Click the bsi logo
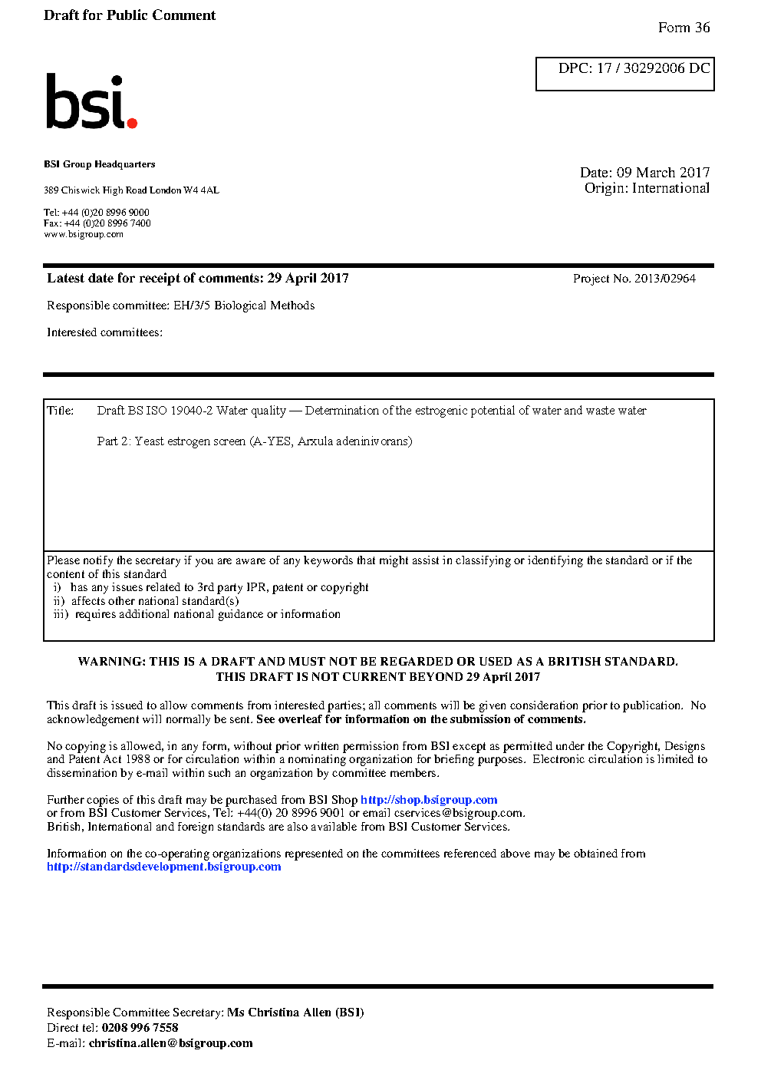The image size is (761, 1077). (x=91, y=101)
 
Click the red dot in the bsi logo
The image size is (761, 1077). (x=132, y=122)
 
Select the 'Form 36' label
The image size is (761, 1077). (x=684, y=28)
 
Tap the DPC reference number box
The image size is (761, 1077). (x=624, y=74)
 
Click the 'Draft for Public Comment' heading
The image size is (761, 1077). (x=130, y=15)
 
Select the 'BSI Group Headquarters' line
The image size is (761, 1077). (x=99, y=164)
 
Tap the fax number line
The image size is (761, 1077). (x=97, y=223)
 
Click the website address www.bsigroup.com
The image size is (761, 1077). (x=84, y=234)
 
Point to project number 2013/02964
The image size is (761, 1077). (x=664, y=279)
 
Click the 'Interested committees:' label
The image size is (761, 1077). (x=104, y=332)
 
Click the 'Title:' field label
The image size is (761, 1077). (x=61, y=411)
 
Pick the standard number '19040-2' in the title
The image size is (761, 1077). (x=191, y=411)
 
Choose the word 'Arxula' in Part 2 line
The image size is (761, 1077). (x=315, y=441)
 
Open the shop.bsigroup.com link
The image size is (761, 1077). (x=429, y=800)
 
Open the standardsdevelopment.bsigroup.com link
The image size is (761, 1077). (x=163, y=867)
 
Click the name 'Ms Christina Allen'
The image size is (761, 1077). (x=279, y=1013)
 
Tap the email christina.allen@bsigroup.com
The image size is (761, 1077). (x=170, y=1043)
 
